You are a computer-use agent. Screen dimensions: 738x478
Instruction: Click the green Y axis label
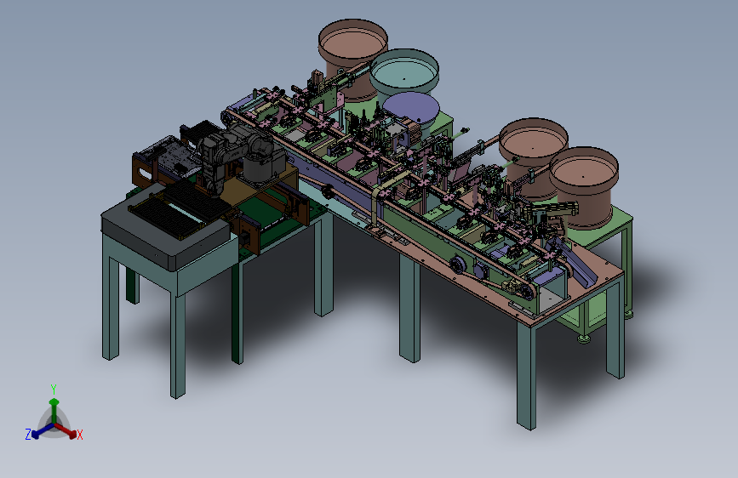coord(54,389)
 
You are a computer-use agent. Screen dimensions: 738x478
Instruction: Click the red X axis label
coord(79,435)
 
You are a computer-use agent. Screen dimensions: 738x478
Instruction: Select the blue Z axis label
coord(28,435)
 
